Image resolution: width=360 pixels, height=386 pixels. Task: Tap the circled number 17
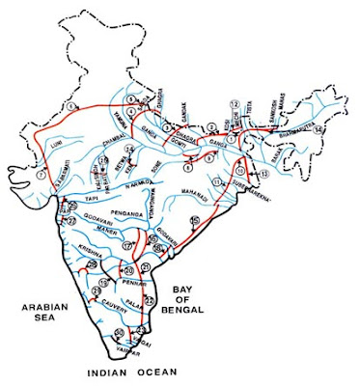tap(128, 248)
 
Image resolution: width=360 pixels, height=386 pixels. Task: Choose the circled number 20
tap(129, 271)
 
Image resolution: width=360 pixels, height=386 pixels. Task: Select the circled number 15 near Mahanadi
tap(196, 222)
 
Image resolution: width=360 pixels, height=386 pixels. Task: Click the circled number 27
tap(69, 221)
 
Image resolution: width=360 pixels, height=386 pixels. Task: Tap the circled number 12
tap(235, 102)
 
